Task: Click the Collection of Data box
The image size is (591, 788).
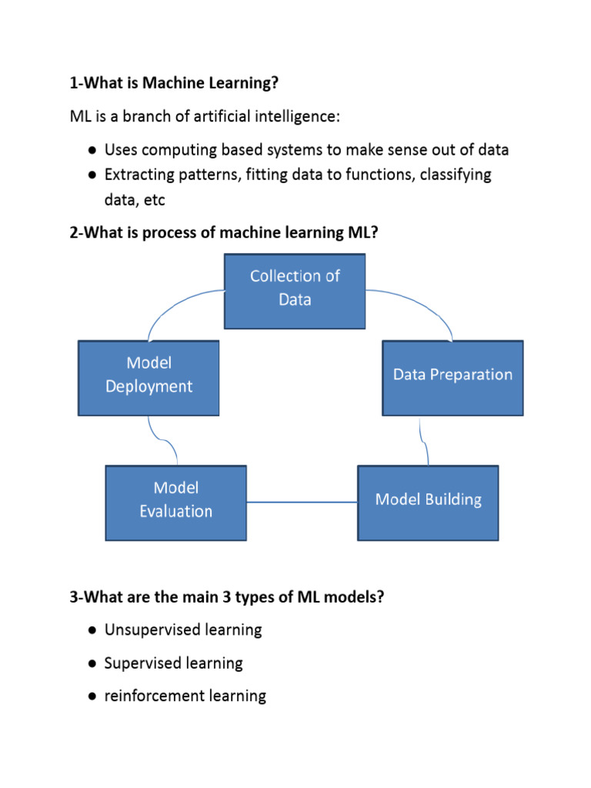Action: tap(295, 292)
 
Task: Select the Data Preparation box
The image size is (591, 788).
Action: tap(452, 378)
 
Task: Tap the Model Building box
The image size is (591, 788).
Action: tap(428, 503)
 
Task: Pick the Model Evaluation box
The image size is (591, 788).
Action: tap(176, 503)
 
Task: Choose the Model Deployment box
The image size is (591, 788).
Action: tap(149, 378)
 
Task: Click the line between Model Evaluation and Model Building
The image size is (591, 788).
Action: tap(302, 502)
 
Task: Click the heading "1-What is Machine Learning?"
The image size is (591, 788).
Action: tap(174, 82)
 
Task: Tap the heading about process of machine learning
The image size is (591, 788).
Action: tap(224, 232)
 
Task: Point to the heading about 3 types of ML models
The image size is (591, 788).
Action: tap(227, 596)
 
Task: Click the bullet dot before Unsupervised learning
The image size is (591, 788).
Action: tap(92, 630)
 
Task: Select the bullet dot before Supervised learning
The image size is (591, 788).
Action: tap(92, 663)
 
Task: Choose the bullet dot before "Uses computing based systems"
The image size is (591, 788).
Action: tap(92, 150)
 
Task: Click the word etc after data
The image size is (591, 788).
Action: tap(154, 201)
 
